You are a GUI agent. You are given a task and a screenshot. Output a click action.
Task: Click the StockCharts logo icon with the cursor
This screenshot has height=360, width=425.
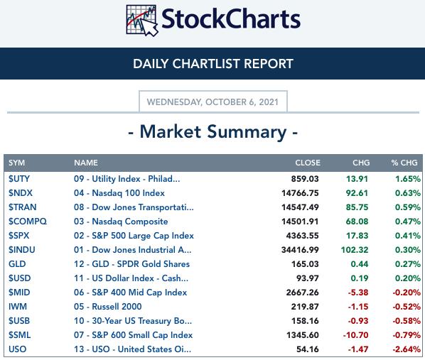[x=141, y=21]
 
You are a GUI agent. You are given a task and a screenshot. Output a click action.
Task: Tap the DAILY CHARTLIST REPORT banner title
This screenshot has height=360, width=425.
[x=213, y=64]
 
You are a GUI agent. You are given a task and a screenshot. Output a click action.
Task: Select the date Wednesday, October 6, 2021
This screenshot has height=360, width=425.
[x=212, y=102]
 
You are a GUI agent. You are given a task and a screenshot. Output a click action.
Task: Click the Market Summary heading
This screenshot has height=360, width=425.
[x=213, y=132]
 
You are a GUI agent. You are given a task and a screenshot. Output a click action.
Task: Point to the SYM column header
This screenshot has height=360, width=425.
[x=16, y=163]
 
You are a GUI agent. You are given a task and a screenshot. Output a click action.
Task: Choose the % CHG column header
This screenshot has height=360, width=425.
[x=404, y=163]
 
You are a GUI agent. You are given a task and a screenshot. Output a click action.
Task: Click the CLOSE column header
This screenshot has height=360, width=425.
[x=308, y=163]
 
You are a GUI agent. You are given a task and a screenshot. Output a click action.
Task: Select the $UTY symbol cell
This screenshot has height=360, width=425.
[x=19, y=179]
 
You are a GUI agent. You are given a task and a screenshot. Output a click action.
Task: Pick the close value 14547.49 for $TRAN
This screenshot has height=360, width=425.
[x=300, y=207]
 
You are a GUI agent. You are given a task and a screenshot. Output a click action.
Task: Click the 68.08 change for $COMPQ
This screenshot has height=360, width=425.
[x=357, y=222]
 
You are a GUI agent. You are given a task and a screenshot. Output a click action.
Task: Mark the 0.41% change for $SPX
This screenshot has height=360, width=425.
[x=408, y=236]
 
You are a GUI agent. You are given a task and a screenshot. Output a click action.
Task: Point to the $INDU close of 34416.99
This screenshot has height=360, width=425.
[x=300, y=250]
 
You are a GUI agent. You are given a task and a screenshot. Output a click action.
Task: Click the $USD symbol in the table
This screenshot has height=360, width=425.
[x=19, y=278]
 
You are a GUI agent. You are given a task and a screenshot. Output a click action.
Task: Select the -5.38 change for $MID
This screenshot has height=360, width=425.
[x=358, y=293]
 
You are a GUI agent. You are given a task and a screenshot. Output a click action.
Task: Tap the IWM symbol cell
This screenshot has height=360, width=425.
[x=18, y=307]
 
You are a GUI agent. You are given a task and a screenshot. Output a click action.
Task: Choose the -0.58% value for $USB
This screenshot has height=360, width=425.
[x=407, y=321]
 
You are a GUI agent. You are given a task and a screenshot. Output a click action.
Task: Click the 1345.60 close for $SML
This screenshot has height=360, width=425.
[x=303, y=335]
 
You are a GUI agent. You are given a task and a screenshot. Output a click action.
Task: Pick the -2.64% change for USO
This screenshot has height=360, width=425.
[x=407, y=349]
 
